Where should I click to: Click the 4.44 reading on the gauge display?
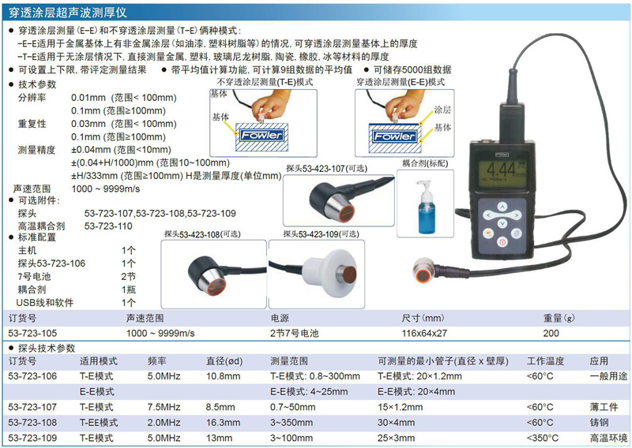pos(502,170)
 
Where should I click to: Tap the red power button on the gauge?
pos(502,242)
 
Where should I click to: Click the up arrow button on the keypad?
pos(502,207)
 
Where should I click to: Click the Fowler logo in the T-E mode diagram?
pos(262,135)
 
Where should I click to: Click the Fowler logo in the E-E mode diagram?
pos(394,136)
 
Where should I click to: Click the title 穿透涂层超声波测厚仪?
pos(68,13)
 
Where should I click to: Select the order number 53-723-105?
pos(32,334)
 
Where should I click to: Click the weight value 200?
pos(551,334)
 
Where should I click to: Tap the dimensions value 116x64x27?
pos(424,334)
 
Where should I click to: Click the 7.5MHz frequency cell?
pos(164,407)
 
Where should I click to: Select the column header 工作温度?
pos(545,361)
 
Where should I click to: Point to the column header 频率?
pos(156,361)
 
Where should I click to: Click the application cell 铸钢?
pos(600,423)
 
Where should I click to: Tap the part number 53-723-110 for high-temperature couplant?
pos(108,226)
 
